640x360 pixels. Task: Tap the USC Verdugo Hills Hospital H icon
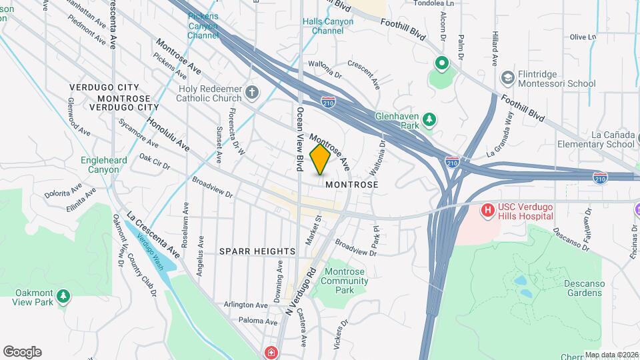(x=488, y=211)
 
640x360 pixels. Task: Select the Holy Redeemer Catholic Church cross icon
(x=252, y=92)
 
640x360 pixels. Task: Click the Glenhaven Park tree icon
(x=430, y=119)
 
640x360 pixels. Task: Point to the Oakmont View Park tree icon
(x=63, y=295)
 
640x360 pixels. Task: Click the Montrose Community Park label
(x=344, y=285)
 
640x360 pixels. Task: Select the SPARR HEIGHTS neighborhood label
(x=257, y=251)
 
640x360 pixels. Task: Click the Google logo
(x=22, y=352)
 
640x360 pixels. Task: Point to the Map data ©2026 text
(x=611, y=355)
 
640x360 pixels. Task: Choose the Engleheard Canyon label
(x=100, y=165)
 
